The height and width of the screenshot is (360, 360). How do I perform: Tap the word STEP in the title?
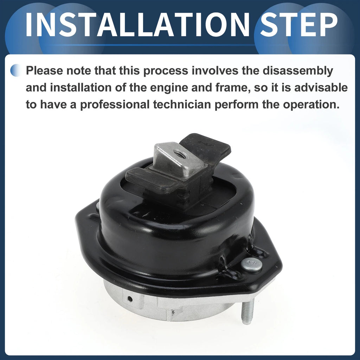299,25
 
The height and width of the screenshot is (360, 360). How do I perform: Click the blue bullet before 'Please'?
15,70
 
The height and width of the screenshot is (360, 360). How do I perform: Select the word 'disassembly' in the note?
298,71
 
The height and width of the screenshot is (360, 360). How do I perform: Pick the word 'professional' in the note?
115,105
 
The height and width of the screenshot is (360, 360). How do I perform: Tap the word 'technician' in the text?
182,104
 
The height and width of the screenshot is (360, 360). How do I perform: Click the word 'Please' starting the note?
44,70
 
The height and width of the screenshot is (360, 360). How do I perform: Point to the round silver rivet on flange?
251,265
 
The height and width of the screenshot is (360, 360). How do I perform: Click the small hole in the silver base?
130,299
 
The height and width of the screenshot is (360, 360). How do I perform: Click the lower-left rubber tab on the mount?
152,181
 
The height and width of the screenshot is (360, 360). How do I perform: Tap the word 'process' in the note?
166,71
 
